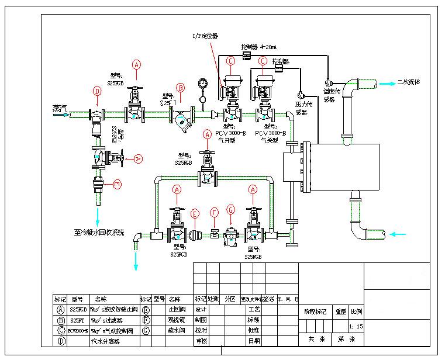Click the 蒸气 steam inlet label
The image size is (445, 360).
point(60,108)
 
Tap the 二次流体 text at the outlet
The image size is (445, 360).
point(408,82)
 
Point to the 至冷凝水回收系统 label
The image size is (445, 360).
point(99,232)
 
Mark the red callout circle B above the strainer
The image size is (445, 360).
point(181,88)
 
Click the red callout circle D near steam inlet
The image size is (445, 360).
point(97,91)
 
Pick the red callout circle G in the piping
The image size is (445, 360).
point(231,210)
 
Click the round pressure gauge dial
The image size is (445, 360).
point(202,83)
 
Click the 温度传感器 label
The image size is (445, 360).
point(329,95)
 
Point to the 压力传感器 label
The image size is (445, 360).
point(302,108)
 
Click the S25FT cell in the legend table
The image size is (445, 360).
point(78,320)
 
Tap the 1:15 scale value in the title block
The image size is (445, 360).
point(356,326)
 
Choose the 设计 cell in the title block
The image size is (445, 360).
point(201,309)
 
